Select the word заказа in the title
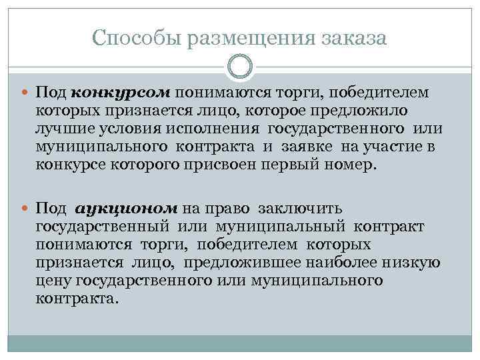(353, 38)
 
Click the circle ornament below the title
(240, 67)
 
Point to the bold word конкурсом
(121, 91)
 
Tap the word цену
(56, 280)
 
